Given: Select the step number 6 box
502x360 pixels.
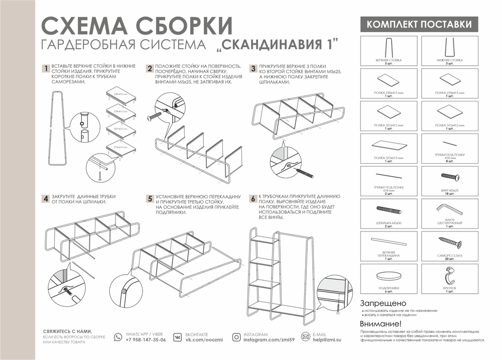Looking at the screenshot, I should [254, 198].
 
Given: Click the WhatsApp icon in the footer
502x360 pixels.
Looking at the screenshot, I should [118, 337].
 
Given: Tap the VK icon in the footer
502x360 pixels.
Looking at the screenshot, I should [178, 337].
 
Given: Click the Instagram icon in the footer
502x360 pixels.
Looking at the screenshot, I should [236, 337].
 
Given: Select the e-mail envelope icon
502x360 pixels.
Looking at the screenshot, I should [305, 337].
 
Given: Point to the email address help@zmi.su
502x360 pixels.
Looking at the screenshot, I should [327, 340].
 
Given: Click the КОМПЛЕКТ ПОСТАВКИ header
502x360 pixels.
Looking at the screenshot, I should [419, 25].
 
